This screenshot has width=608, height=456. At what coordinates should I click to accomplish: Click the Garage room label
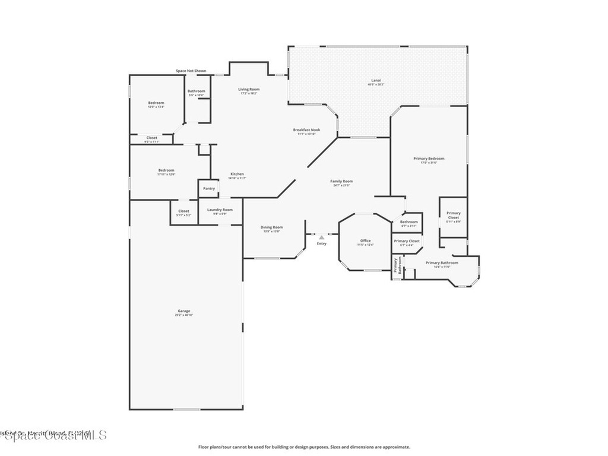(184, 312)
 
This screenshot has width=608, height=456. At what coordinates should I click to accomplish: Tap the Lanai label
(376, 82)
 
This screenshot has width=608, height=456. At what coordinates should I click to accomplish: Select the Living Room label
(249, 91)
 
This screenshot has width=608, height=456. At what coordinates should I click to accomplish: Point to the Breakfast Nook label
(306, 131)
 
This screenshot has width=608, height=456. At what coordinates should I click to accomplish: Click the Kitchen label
(237, 176)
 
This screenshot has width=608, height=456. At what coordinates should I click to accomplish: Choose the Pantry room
(209, 188)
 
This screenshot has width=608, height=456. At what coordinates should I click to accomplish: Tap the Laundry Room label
(220, 211)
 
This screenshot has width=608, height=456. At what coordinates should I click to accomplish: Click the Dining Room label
(272, 229)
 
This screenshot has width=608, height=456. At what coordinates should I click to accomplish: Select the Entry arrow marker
(322, 237)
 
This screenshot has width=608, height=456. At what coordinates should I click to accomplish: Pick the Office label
(365, 242)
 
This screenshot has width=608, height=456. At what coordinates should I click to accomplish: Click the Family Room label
(341, 183)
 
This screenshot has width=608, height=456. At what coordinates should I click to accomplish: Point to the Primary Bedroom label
(429, 160)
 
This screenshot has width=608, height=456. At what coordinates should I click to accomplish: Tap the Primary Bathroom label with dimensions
(442, 264)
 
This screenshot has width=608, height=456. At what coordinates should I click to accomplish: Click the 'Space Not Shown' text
(191, 71)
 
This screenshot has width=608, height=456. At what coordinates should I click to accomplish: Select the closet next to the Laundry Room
(184, 213)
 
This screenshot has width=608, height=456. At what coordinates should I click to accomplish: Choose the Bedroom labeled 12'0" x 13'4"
(156, 104)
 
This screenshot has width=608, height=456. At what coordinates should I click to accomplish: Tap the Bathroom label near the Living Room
(197, 93)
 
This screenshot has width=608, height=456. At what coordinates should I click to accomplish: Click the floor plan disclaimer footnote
(304, 447)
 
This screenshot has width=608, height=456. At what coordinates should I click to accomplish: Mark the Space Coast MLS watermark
(53, 435)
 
